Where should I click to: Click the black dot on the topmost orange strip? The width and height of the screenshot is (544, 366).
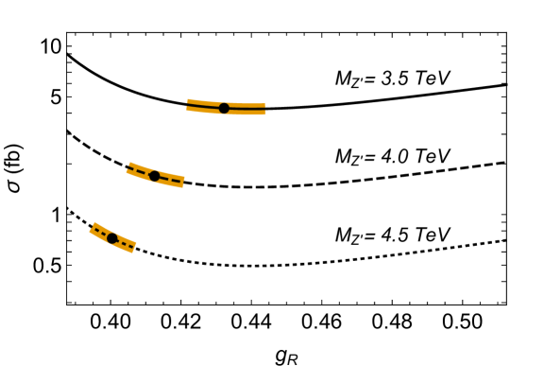224,108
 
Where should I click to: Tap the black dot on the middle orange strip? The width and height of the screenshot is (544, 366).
155,176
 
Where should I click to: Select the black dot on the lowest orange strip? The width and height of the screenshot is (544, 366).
111,238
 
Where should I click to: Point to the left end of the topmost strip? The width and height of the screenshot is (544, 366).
188,105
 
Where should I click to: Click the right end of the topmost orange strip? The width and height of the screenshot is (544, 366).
264,109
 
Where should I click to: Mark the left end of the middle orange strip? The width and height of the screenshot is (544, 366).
128,168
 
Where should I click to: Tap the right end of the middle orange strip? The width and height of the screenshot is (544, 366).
183,182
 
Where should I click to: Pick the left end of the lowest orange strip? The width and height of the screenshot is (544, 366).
93,228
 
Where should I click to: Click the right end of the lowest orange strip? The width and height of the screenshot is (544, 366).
134,248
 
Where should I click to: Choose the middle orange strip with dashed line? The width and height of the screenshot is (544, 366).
164,178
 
